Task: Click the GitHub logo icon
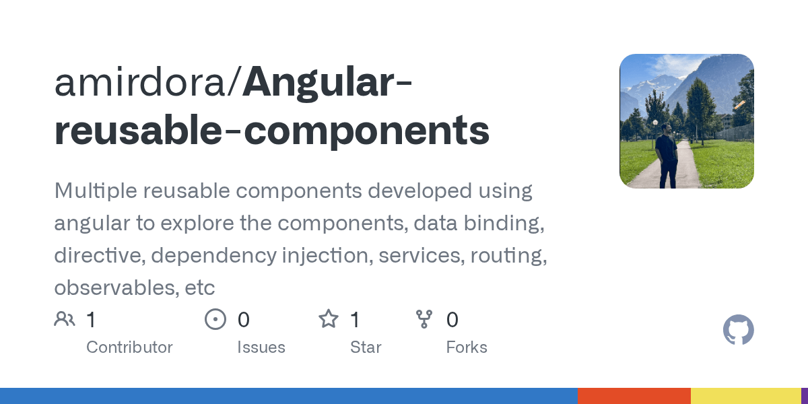point(738,331)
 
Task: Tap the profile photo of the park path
point(686,121)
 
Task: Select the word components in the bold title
point(366,131)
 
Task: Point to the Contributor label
point(129,347)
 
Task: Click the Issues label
point(261,347)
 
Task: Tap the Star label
point(366,347)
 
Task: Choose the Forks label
point(467,347)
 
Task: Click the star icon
point(329,319)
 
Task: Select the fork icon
point(424,319)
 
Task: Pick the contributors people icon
point(65,319)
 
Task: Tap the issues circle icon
point(215,319)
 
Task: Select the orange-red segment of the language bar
point(634,396)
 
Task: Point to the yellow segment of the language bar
point(745,396)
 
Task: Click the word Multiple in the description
point(95,191)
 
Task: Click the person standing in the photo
point(667,155)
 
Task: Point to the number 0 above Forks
point(452,319)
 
